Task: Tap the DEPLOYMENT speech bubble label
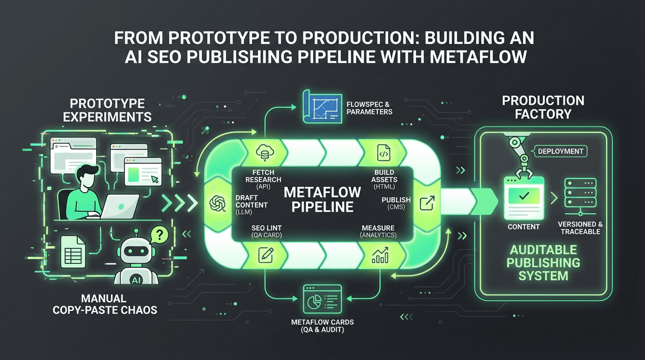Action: pos(560,151)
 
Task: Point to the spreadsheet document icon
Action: pos(73,251)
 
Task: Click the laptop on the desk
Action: pos(120,206)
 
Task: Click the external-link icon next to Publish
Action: pos(427,203)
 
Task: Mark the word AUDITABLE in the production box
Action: pos(543,250)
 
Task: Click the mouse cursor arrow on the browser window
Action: pos(155,180)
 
